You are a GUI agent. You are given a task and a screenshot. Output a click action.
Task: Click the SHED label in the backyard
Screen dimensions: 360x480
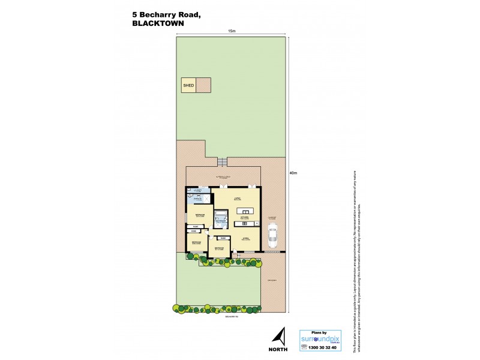188,86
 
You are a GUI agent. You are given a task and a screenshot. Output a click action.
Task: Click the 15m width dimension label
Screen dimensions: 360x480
231,31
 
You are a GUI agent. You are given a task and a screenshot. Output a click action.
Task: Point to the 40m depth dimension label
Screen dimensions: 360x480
293,173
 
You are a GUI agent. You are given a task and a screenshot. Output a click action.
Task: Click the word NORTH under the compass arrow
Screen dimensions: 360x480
278,349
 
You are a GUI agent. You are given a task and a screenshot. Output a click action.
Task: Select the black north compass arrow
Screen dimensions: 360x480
278,336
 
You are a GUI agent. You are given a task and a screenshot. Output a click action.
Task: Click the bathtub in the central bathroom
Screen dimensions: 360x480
221,214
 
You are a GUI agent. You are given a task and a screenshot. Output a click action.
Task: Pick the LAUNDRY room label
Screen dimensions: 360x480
194,190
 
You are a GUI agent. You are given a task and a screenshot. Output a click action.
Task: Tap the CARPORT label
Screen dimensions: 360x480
272,217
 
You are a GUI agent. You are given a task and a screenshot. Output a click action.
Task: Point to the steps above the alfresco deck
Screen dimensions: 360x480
223,162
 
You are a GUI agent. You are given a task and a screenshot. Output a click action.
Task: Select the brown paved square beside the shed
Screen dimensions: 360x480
205,86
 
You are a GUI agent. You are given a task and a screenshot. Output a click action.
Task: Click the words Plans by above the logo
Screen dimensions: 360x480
320,331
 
